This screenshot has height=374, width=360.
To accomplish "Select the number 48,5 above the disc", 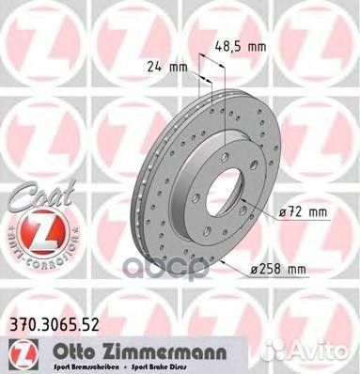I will pos(230,45).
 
